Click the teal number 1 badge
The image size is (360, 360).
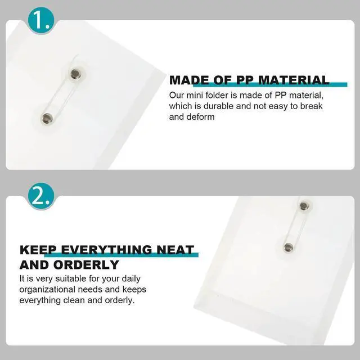click(41, 20)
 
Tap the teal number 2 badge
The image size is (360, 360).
click(41, 196)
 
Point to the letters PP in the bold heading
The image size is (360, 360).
click(245, 80)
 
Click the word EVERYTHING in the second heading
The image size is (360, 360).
click(106, 250)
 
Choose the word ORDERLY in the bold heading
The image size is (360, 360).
click(86, 265)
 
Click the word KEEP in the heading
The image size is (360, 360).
click(38, 250)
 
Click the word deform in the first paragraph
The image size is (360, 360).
click(200, 117)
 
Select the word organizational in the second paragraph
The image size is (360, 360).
click(47, 290)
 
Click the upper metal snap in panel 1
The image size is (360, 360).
click(75, 74)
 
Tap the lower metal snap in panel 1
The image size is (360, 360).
click(47, 119)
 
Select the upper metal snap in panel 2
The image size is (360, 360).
click(304, 205)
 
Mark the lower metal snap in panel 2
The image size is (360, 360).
click(289, 247)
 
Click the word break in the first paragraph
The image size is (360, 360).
click(311, 106)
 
